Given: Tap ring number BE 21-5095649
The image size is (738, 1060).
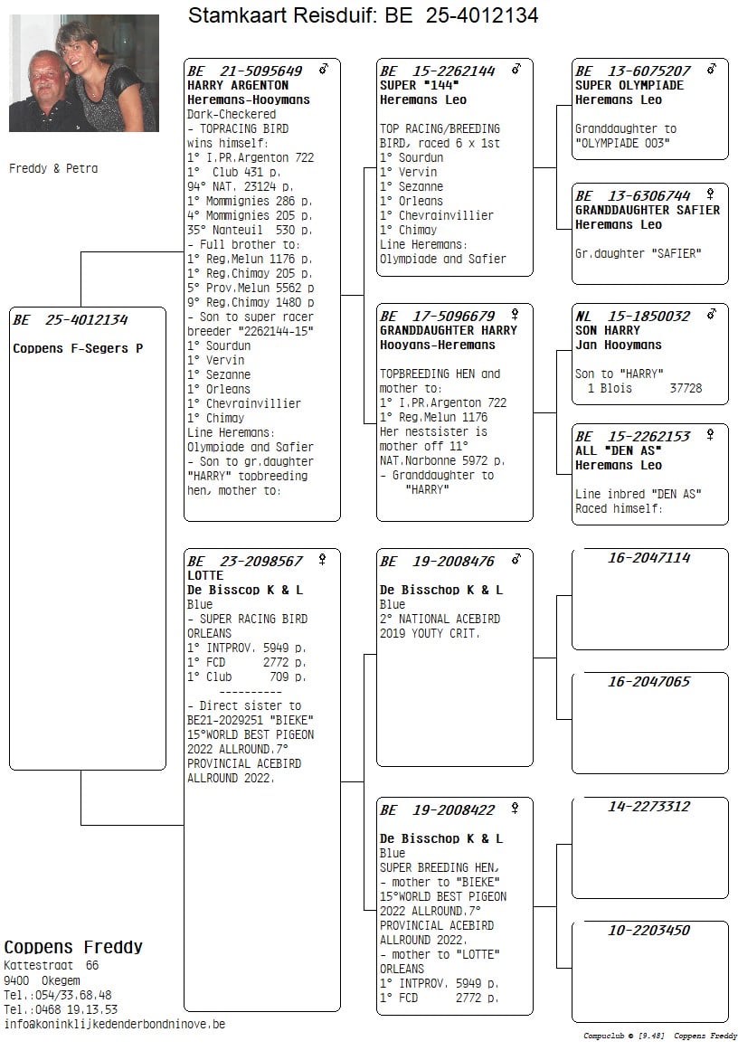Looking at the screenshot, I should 245,71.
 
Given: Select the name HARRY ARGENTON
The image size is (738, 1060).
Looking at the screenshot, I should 238,85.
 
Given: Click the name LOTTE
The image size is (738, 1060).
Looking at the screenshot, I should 205,575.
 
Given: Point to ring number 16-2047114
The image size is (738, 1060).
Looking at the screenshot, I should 648,558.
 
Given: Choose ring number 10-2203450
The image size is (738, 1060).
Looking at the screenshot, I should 648,931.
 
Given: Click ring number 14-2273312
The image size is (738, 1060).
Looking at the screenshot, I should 648,807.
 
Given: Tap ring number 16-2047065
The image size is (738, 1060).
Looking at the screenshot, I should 648,682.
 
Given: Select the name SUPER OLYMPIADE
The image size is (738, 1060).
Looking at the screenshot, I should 629,85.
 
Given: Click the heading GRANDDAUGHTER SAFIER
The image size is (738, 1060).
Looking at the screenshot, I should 648,210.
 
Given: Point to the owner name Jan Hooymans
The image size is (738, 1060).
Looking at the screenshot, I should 619,345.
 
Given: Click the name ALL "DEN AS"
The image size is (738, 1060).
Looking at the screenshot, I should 619,450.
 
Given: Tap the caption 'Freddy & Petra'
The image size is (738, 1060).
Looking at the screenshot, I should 53,168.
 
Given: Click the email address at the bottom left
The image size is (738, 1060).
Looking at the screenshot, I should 115,1024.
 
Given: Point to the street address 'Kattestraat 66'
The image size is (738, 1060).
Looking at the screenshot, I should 52,966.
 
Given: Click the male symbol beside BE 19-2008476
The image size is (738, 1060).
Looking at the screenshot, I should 516,560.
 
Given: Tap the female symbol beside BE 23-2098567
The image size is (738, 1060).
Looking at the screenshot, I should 322,560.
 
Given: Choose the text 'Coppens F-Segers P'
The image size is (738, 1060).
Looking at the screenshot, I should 78,348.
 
